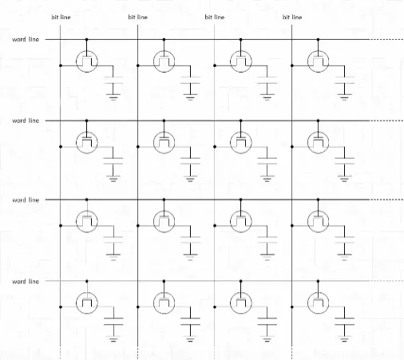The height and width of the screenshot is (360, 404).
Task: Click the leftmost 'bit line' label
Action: tap(61, 18)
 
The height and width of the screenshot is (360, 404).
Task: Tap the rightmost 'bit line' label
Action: tap(292, 18)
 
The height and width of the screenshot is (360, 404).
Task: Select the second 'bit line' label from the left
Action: tap(137, 18)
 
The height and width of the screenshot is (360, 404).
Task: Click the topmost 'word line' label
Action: tap(26, 39)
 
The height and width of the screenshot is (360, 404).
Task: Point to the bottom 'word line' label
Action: tap(26, 282)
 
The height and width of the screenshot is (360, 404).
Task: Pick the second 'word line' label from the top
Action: tap(26, 121)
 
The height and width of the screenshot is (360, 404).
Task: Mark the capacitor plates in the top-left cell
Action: tap(113, 80)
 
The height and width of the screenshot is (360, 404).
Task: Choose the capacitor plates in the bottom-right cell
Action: tap(344, 322)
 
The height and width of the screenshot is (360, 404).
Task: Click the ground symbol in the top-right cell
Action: tap(344, 97)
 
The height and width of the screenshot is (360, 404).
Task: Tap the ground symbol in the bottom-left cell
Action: tap(113, 338)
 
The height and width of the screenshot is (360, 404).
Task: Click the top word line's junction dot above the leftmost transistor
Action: tap(86, 40)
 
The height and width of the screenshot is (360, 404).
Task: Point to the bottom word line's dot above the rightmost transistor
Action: tap(318, 281)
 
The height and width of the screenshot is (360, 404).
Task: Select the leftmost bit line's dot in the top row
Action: tap(61, 65)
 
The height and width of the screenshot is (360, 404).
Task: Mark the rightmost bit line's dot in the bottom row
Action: tap(292, 307)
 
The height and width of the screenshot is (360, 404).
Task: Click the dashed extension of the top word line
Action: tap(386, 39)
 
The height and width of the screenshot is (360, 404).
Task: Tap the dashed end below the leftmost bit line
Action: tap(61, 353)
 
